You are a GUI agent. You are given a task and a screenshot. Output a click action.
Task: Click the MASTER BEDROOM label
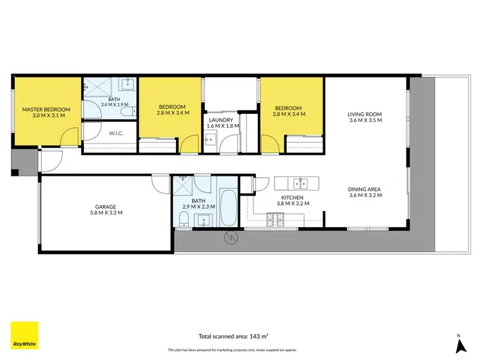pyautogui.click(x=46, y=109)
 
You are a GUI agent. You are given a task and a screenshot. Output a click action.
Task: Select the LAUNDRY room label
pyautogui.click(x=221, y=120)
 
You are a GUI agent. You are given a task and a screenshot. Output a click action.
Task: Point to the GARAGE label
pyautogui.click(x=106, y=207)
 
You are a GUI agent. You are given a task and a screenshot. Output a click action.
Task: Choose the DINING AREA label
pyautogui.click(x=365, y=189)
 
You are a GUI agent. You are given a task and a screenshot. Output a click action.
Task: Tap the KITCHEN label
pyautogui.click(x=292, y=198)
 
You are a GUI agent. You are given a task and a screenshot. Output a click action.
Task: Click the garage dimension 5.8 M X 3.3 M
pyautogui.click(x=106, y=212)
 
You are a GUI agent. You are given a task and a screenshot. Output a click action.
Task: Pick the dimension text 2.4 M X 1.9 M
pyautogui.click(x=114, y=104)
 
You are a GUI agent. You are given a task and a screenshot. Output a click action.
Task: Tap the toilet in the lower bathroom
pyautogui.click(x=183, y=220)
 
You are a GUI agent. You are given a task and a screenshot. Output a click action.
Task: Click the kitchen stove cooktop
pyautogui.click(x=275, y=221)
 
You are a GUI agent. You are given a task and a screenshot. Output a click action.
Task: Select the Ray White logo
pyautogui.click(x=24, y=335)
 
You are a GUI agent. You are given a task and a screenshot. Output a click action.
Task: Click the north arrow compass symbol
pyautogui.click(x=459, y=345)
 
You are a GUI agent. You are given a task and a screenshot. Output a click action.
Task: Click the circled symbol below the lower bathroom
pyautogui.click(x=230, y=239)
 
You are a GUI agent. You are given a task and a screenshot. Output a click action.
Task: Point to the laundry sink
pyautogui.click(x=214, y=141)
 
